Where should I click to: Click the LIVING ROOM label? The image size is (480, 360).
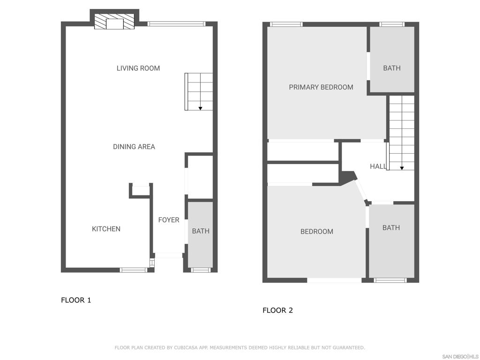tap(138, 68)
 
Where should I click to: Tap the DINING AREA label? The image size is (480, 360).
tap(134, 147)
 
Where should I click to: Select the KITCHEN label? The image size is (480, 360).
tap(106, 229)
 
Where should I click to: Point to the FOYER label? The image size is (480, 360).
tap(169, 220)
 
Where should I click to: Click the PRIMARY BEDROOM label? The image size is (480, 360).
tap(321, 87)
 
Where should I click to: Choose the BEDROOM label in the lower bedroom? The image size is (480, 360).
tap(317, 232)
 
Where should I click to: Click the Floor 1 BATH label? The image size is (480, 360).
tap(201, 231)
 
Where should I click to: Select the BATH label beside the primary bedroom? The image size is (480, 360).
tap(392, 68)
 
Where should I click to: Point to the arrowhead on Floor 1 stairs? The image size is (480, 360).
tap(200, 108)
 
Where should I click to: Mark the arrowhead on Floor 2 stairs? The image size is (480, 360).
tap(402, 168)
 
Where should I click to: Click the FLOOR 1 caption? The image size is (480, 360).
tap(76, 300)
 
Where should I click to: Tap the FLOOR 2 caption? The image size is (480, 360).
tap(277, 310)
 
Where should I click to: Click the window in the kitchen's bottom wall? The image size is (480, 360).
tap(133, 270)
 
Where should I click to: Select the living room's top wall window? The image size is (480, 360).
tap(176, 24)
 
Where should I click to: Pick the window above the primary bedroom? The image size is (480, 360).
tap(286, 24)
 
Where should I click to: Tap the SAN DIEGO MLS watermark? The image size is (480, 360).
tap(460, 357)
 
